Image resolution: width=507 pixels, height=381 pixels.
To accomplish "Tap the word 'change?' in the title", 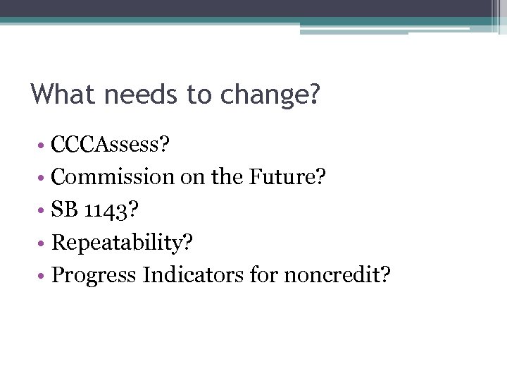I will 270,94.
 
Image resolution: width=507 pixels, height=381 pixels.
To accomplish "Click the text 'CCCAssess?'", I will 111,145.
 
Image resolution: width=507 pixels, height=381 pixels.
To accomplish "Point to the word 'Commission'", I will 113,177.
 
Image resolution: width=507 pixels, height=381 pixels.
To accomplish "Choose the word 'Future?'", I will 287,177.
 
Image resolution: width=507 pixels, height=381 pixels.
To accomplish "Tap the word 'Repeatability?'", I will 123,243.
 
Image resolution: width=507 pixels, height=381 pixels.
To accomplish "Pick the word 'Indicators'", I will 193,275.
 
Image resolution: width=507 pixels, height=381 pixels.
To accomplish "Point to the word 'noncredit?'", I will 337,275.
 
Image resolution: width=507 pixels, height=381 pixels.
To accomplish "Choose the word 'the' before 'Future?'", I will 227,177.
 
